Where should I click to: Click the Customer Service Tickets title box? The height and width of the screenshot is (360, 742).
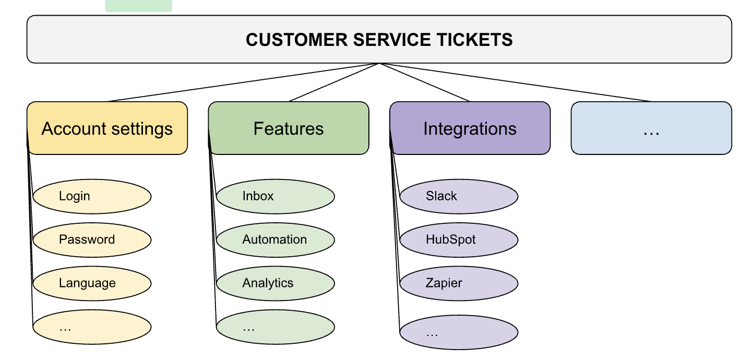click(379, 40)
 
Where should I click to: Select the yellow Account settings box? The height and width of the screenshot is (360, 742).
click(107, 128)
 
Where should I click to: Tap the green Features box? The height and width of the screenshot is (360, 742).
click(289, 128)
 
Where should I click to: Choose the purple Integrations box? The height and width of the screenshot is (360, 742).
click(470, 128)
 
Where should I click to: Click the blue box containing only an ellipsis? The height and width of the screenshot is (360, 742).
click(651, 128)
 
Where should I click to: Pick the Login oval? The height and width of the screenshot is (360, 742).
click(92, 197)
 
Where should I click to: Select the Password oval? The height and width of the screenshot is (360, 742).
click(92, 240)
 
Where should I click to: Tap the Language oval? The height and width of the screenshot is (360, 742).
click(92, 283)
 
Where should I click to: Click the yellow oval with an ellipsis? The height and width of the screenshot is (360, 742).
click(92, 327)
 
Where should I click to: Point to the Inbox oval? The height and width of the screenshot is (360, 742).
click(276, 197)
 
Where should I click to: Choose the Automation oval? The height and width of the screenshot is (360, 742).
click(276, 240)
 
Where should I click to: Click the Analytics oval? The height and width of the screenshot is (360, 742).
click(276, 283)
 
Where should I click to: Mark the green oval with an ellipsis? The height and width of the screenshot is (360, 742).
click(276, 327)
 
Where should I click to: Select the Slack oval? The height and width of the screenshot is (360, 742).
click(459, 197)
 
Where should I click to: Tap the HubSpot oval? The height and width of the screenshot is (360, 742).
click(459, 240)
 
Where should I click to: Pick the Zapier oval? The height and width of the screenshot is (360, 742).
click(459, 283)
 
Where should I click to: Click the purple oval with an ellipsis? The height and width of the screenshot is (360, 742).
click(459, 332)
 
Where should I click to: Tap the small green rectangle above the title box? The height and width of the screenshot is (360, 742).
click(138, 5)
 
